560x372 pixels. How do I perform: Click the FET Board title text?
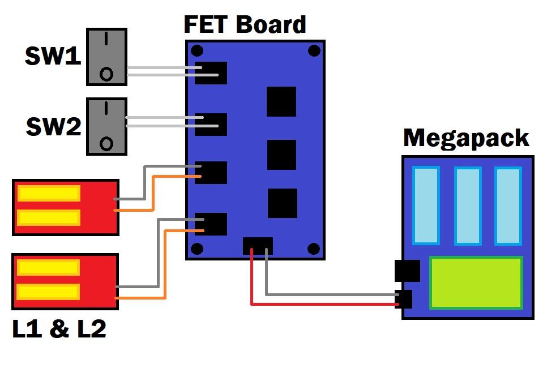[245, 24]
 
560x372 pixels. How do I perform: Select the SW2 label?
[54, 127]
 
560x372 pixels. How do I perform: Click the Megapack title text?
[465, 138]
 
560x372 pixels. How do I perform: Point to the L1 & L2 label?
[59, 328]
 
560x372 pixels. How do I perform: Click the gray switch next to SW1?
[106, 57]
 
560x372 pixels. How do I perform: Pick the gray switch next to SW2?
[106, 127]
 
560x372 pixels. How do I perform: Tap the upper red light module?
[65, 207]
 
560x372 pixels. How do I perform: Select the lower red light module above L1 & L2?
[65, 281]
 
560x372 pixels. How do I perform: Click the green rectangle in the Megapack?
[476, 283]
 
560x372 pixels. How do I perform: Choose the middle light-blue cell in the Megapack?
[468, 206]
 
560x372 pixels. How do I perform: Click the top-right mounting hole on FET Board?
[314, 51]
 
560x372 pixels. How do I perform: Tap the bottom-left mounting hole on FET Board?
[197, 249]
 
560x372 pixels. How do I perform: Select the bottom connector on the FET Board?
[258, 246]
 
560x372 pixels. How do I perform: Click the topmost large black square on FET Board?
[281, 102]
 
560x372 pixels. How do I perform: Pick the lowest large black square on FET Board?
[282, 203]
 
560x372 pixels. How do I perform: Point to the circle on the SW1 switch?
[106, 74]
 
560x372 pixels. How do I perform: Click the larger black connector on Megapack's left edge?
[407, 271]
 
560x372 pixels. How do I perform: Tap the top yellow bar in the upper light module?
[49, 193]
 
